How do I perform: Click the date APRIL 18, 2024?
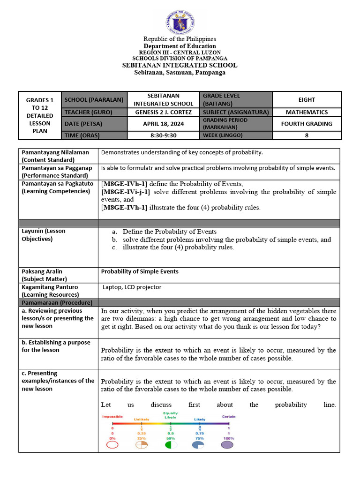[x=164, y=124]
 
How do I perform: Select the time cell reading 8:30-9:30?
[x=164, y=135]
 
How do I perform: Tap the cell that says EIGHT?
[x=307, y=100]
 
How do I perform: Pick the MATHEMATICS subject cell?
[x=307, y=112]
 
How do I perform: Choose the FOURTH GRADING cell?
[x=307, y=124]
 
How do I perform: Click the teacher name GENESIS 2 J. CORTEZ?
[x=164, y=112]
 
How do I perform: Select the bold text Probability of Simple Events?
[x=140, y=271]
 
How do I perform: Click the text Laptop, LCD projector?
[x=132, y=287]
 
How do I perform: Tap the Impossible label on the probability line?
[x=112, y=416]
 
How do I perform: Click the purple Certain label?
[x=228, y=416]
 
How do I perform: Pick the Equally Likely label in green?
[x=170, y=415]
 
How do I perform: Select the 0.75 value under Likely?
[x=199, y=434]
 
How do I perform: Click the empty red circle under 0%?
[x=112, y=445]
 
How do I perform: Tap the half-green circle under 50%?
[x=170, y=445]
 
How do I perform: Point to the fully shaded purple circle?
[x=228, y=445]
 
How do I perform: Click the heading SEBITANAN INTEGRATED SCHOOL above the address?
[x=180, y=66]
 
